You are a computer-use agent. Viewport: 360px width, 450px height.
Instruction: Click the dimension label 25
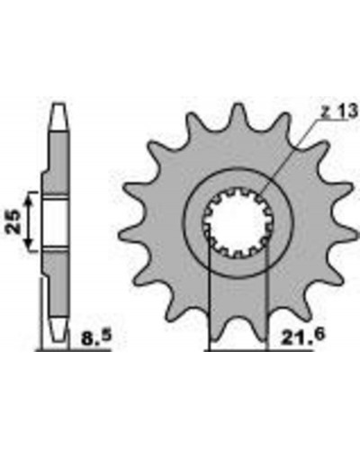(x=13, y=221)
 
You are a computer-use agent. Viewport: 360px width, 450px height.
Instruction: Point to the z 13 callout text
(x=339, y=112)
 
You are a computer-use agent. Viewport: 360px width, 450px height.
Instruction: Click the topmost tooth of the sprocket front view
(x=238, y=115)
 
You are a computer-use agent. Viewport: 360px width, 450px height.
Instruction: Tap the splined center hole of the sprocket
(x=238, y=222)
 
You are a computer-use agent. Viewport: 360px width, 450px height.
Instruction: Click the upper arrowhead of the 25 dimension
(x=29, y=199)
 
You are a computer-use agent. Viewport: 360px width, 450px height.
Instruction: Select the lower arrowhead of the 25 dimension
(x=29, y=244)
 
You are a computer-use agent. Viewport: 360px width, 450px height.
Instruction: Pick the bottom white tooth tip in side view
(x=58, y=331)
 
